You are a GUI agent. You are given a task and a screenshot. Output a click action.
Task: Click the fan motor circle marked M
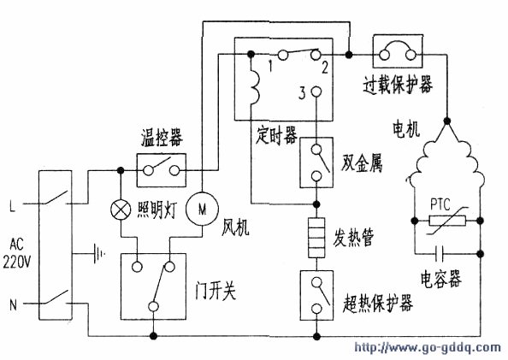[x=202, y=209]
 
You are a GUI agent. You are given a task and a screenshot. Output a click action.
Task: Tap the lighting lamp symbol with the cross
[x=121, y=210]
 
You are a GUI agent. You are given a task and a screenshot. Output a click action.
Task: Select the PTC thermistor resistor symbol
[x=447, y=221]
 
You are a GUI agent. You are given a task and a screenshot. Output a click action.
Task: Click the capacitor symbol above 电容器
[x=440, y=253]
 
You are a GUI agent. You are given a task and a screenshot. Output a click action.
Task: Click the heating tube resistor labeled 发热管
[x=316, y=238]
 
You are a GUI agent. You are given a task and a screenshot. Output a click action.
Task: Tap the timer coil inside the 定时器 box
[x=255, y=87]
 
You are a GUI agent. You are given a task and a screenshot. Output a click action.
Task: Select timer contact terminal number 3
[x=316, y=92]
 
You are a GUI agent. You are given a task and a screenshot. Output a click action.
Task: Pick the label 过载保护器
[x=398, y=85]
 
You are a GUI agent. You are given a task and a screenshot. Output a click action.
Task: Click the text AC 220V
[x=16, y=253]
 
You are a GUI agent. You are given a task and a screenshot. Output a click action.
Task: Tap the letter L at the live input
[x=12, y=206]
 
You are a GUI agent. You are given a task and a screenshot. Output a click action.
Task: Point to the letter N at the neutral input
[x=13, y=305]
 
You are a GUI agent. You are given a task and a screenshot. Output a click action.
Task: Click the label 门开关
[x=216, y=290]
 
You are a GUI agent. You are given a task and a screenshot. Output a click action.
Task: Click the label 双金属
[x=362, y=162]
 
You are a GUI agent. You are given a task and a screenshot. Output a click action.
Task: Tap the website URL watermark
[x=428, y=348]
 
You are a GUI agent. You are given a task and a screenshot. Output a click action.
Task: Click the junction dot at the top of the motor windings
[x=447, y=121]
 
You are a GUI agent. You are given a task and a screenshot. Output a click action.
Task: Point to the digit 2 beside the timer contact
[x=325, y=68]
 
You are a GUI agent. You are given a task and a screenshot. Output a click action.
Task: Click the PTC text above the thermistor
[x=440, y=204]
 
